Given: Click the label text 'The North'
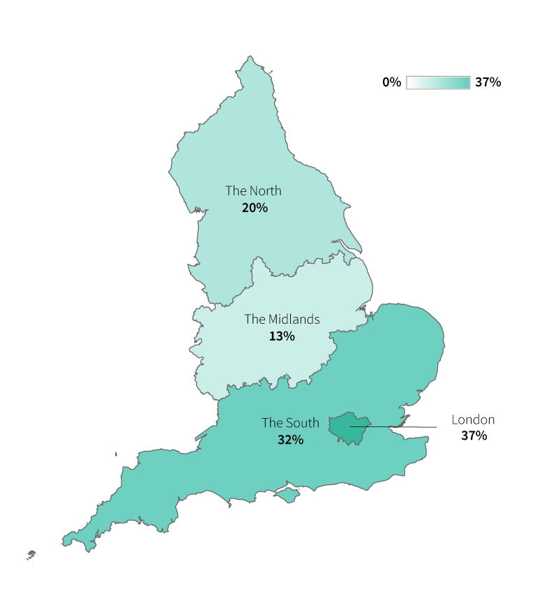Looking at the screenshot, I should coord(253,191).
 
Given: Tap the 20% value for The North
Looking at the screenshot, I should coord(255,208).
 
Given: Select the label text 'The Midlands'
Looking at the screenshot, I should coord(282,319).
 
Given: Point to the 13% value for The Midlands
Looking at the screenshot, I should coord(282,336).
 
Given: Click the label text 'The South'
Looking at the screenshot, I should coord(290,422).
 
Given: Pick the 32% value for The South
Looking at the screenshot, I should coord(290,440).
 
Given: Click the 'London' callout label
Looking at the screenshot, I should coord(473,419).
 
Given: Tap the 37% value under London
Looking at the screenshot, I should coord(474,436).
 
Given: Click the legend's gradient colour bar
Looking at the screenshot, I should coord(438,82).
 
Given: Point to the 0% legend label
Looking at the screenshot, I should coord(391,82).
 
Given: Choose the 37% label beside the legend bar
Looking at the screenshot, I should coord(488,82).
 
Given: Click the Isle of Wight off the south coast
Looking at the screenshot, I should coord(286,495).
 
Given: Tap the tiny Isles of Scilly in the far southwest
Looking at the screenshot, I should coord(31,555).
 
